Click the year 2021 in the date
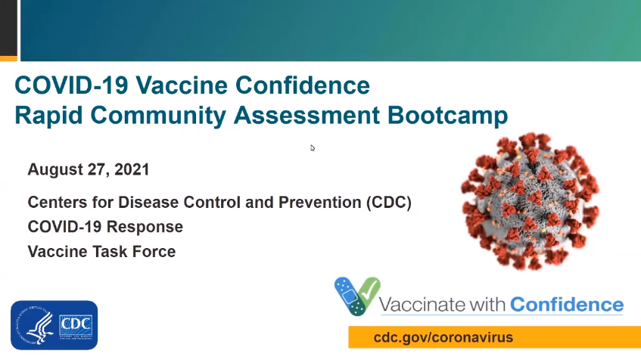pyautogui.click(x=132, y=169)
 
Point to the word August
pyautogui.click(x=53, y=169)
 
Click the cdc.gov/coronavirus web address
pyautogui.click(x=443, y=337)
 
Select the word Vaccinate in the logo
pyautogui.click(x=416, y=305)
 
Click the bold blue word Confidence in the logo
pyautogui.click(x=567, y=305)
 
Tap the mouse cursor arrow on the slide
pyautogui.click(x=313, y=147)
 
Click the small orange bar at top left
pyautogui.click(x=8, y=57)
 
